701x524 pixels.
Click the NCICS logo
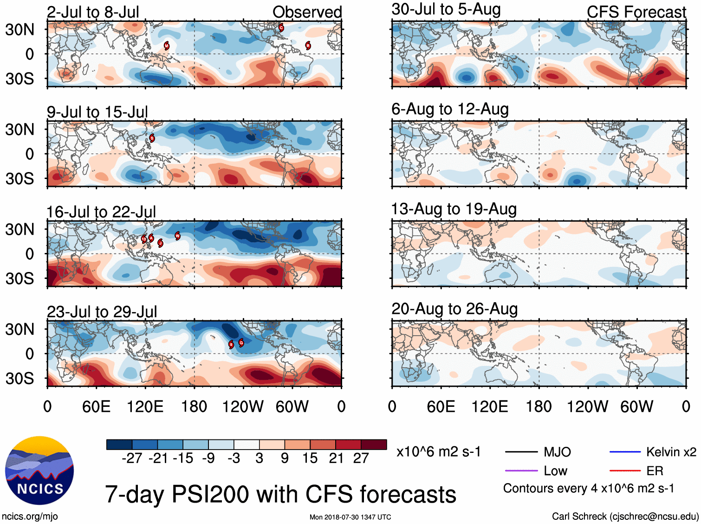[39, 470]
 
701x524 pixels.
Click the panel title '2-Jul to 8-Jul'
[93, 12]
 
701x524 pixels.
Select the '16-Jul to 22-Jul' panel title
[101, 212]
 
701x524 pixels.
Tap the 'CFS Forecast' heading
[636, 12]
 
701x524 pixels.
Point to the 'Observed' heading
[307, 12]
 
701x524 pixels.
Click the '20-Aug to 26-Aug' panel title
[454, 309]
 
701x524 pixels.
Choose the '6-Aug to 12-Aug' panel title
[450, 109]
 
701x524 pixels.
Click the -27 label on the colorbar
[132, 458]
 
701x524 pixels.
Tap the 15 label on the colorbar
[310, 458]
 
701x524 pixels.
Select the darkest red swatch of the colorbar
[374, 444]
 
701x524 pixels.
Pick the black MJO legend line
[521, 452]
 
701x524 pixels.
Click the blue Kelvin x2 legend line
[625, 452]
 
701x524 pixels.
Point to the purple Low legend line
[521, 471]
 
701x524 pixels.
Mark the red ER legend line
[625, 471]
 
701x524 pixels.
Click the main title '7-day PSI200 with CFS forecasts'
[280, 494]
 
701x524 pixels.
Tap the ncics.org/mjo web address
[30, 516]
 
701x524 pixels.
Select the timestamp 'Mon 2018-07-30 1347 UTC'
[350, 517]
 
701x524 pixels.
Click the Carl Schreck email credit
[625, 516]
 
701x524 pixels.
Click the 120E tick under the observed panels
[145, 407]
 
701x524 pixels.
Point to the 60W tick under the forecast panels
[636, 407]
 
